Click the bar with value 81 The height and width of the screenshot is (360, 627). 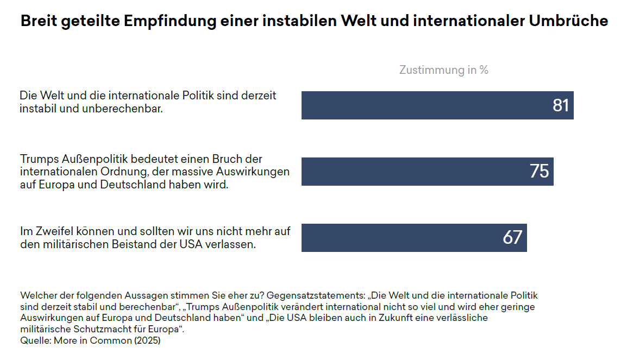[x=424, y=105]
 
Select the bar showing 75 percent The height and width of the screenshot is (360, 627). [x=413, y=172]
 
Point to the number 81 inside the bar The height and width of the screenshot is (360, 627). [x=560, y=105]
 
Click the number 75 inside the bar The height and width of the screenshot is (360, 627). [x=539, y=172]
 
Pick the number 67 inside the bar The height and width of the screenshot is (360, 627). [x=512, y=238]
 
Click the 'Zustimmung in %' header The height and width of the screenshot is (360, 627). [x=443, y=70]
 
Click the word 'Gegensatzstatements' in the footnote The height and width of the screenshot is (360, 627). [x=316, y=295]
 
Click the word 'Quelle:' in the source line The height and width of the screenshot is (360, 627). [x=35, y=341]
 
